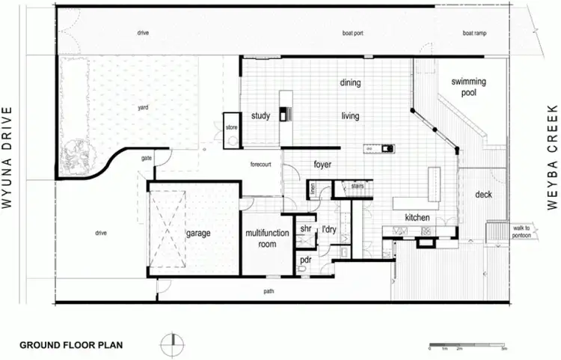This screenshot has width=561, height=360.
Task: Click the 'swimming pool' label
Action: coord(468,88)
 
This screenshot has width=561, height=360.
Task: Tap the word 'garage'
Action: coord(198,233)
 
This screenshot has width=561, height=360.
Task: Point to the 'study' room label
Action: coord(260,116)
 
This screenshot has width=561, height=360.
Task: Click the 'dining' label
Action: coord(350,83)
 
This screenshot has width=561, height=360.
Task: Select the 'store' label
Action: coord(231,128)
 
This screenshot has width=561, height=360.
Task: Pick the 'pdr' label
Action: coord(305,260)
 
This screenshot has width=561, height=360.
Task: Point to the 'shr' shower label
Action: coord(305,228)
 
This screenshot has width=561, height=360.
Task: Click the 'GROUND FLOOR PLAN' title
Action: coord(71,346)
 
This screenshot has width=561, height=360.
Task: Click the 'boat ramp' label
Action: coord(473,33)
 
